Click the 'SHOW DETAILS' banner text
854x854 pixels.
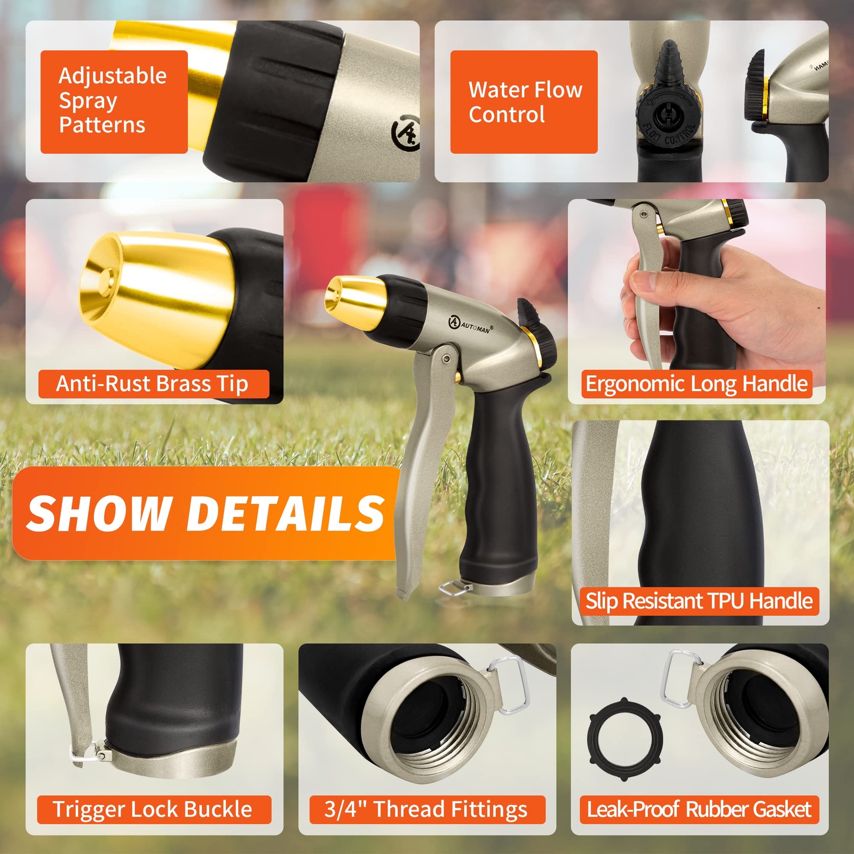pos(205,513)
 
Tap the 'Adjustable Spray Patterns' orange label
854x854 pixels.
pos(114,101)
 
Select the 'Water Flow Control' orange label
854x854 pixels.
pos(524,102)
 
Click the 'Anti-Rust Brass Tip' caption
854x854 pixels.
pos(153,384)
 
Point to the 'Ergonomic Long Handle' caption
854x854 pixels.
pos(697,384)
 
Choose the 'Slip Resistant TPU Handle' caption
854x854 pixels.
pos(699,601)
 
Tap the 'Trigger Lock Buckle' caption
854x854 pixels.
pos(153,809)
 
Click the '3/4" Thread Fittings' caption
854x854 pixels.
pos(427,809)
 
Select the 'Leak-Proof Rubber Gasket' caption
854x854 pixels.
pos(699,809)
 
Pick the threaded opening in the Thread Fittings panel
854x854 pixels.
pos(432,722)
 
